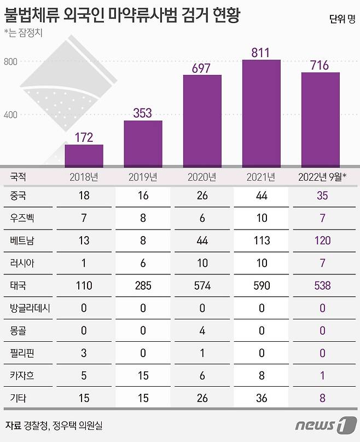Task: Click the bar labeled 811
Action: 261,112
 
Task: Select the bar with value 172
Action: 84,156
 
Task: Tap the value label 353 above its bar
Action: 143,113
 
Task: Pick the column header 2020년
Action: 202,177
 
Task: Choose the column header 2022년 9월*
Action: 320,177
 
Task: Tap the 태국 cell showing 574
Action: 202,285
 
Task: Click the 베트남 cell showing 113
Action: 261,239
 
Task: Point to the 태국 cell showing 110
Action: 84,285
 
